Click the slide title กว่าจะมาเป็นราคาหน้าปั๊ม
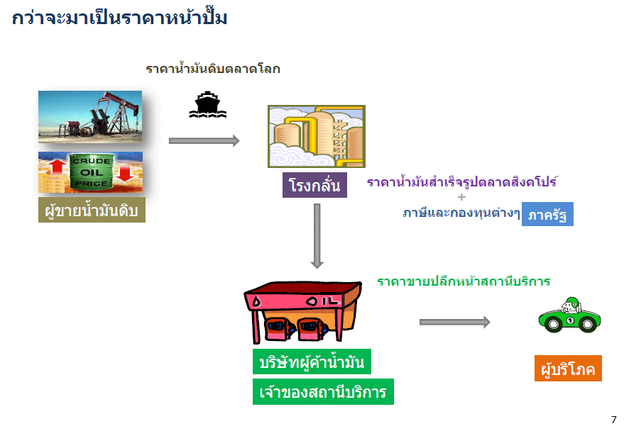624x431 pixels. pos(120,18)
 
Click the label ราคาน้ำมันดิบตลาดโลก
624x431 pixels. pos(213,69)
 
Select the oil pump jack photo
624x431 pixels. pos(90,118)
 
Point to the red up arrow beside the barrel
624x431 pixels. pos(58,172)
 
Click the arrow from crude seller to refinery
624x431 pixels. pos(204,140)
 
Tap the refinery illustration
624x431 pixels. pos(316,136)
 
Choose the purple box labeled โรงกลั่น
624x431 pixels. pos(314,186)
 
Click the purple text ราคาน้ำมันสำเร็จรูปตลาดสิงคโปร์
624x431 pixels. pos(461,182)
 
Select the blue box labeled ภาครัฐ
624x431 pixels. pos(547,214)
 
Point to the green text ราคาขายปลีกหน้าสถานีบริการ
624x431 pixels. pos(464,281)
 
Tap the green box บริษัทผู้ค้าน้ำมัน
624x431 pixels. pos(312,362)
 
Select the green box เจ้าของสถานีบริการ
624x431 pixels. pos(323,392)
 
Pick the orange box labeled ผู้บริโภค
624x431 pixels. pos(568,369)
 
